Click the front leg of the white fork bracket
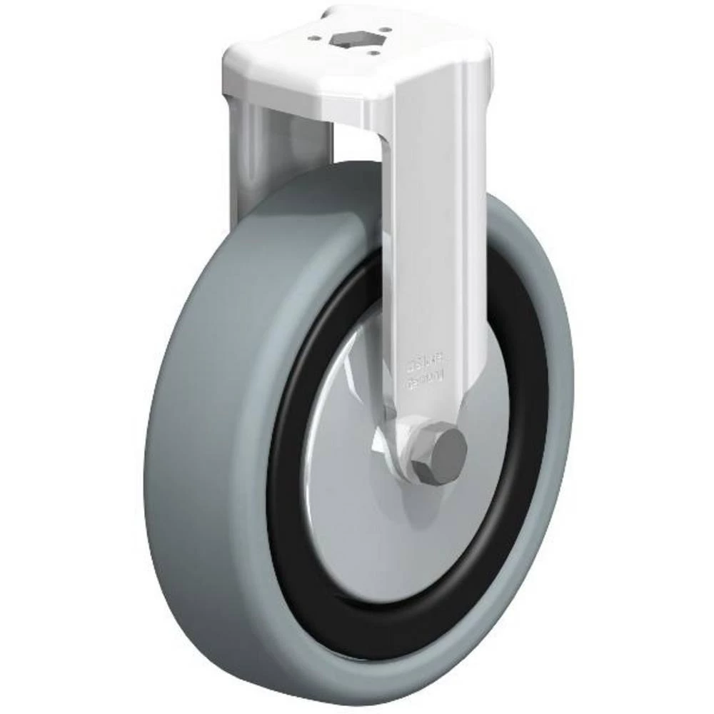coord(428,250)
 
